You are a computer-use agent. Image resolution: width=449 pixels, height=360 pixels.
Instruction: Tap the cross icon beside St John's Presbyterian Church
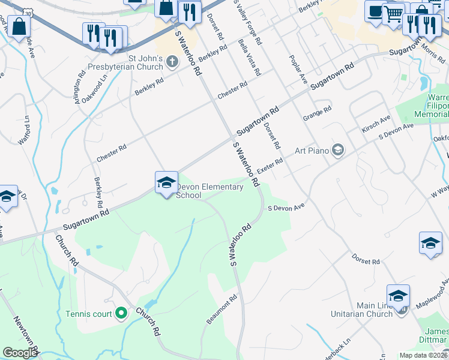[172, 61]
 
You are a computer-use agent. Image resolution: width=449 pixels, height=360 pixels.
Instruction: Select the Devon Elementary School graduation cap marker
[166, 182]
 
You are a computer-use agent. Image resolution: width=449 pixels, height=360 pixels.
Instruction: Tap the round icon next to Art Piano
[338, 149]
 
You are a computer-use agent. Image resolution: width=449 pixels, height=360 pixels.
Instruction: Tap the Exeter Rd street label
[271, 164]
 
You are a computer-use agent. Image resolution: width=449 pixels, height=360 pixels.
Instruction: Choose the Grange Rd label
[318, 114]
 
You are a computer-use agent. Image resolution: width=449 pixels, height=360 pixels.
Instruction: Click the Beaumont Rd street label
[222, 310]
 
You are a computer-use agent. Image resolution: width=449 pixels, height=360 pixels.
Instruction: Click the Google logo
[20, 353]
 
